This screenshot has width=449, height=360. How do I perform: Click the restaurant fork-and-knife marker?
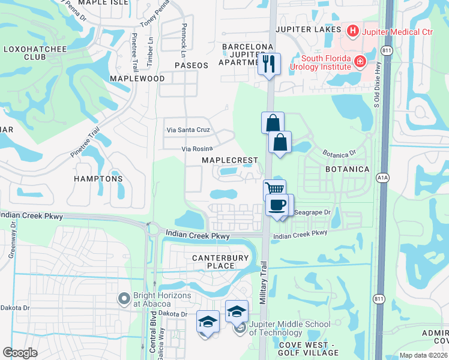269,63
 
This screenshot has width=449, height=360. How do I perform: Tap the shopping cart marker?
275,189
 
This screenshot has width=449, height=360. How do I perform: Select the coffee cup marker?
277,205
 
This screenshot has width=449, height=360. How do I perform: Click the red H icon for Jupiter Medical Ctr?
352,30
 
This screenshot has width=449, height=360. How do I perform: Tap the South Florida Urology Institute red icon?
360,61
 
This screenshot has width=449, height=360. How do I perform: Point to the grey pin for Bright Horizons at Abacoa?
124,298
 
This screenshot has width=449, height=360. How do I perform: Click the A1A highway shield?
382,178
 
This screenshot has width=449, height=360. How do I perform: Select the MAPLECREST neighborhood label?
229,160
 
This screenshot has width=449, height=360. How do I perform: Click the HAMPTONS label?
98,179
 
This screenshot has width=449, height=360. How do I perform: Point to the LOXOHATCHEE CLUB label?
25,53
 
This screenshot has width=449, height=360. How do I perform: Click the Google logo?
20,353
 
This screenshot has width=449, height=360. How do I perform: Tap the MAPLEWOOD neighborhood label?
137,79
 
